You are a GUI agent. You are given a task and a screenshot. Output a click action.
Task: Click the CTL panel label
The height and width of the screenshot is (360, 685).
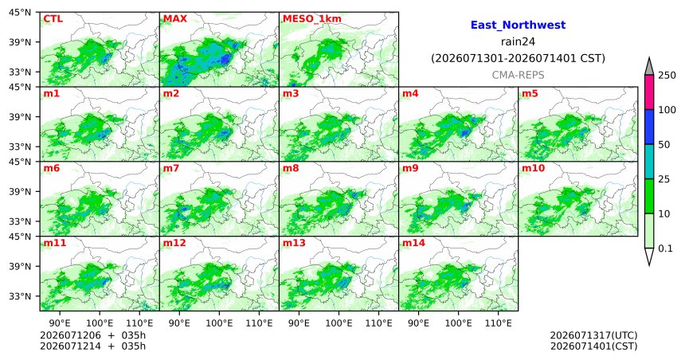pyautogui.click(x=53, y=19)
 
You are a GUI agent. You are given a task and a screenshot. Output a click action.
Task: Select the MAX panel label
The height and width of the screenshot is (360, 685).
pyautogui.click(x=175, y=19)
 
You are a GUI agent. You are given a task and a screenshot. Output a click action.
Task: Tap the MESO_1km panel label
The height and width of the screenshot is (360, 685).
pyautogui.click(x=312, y=19)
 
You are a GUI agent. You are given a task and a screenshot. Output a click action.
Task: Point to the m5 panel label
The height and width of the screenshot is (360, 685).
pyautogui.click(x=530, y=93)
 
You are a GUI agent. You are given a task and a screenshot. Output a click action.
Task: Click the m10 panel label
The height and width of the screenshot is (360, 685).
pyautogui.click(x=533, y=168)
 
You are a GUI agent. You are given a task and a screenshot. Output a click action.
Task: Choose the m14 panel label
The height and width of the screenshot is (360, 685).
pyautogui.click(x=413, y=243)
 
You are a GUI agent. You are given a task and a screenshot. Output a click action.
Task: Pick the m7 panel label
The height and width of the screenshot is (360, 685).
pyautogui.click(x=171, y=168)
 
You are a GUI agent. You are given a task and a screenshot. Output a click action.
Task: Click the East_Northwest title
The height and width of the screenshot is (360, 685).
pyautogui.click(x=518, y=25)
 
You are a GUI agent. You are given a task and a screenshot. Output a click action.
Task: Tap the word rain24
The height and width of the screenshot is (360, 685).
pyautogui.click(x=518, y=41)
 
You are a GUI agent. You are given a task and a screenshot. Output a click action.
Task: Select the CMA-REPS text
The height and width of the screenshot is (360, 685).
pyautogui.click(x=518, y=75)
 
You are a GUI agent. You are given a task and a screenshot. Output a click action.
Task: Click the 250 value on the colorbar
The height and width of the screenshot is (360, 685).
pyautogui.click(x=667, y=75)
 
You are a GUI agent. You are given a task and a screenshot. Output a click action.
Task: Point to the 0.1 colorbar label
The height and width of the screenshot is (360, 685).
pyautogui.click(x=665, y=248)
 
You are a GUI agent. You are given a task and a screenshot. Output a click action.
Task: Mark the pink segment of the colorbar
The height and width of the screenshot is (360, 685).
pyautogui.click(x=649, y=92)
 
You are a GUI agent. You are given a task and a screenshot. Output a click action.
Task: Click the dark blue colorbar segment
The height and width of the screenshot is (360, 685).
pyautogui.click(x=649, y=127)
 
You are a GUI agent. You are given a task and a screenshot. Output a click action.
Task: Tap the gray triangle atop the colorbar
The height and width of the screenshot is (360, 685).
pyautogui.click(x=649, y=66)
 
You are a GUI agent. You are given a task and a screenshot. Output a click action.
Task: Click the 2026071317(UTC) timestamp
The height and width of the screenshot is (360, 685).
pyautogui.click(x=593, y=335)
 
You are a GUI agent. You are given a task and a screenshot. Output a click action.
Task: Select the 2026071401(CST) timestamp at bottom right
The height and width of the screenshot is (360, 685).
pyautogui.click(x=593, y=346)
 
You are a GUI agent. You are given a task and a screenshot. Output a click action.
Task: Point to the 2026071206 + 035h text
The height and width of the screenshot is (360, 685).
pyautogui.click(x=92, y=335)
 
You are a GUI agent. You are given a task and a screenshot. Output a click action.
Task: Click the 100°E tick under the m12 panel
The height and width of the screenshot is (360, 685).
pyautogui.click(x=219, y=323)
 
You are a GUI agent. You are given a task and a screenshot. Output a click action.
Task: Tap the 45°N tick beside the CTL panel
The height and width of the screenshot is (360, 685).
pyautogui.click(x=20, y=12)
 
